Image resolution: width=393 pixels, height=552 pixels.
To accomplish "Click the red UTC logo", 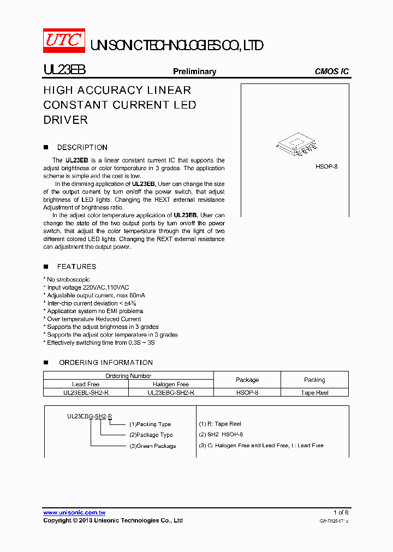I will tap(64, 40).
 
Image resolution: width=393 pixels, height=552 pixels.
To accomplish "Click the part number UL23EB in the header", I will tap(64, 71).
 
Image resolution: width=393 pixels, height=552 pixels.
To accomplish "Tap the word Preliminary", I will tap(194, 71).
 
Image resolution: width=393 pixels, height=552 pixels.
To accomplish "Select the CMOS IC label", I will tap(331, 71).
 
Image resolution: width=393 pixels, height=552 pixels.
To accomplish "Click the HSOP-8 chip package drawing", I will tap(297, 145).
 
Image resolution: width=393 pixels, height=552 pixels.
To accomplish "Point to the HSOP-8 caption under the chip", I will tap(326, 166).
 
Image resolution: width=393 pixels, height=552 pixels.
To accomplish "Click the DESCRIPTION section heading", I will tap(82, 147).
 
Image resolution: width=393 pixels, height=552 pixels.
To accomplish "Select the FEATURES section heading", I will tap(76, 267).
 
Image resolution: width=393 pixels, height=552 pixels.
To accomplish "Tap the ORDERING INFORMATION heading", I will tap(105, 363).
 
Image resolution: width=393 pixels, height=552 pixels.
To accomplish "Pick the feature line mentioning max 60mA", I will tap(96, 295).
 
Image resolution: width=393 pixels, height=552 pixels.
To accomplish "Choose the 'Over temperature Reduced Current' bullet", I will tap(93, 319).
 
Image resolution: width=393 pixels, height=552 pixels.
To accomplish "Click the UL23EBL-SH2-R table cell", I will tap(86, 393).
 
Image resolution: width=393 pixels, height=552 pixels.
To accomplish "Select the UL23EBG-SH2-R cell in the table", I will tap(171, 393).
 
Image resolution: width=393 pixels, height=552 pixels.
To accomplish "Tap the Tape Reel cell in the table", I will tap(314, 393).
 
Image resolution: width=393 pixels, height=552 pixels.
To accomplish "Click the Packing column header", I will tap(314, 380).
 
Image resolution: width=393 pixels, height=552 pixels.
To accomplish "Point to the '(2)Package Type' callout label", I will tap(151, 435).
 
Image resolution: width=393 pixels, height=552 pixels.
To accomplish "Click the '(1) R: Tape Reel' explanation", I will tap(220, 424).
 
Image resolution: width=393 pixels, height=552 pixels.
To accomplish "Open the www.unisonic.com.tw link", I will tap(74, 512).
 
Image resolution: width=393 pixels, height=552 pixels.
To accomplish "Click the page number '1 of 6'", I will tap(341, 512).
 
